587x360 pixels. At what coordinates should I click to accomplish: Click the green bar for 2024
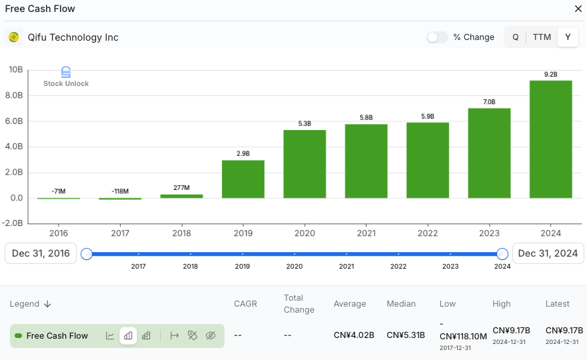550,139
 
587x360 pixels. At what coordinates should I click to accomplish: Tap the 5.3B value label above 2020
304,124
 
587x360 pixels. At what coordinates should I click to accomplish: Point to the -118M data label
120,191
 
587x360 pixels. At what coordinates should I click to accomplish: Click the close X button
578,9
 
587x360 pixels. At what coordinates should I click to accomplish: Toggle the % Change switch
437,37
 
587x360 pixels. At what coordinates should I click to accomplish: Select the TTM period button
542,37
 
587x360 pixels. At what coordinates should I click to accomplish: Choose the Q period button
515,37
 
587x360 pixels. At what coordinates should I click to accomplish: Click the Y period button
568,37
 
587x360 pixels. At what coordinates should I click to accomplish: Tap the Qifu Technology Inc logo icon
14,37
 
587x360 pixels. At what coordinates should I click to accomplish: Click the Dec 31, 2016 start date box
41,253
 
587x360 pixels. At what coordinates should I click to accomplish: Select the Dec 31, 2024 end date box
548,253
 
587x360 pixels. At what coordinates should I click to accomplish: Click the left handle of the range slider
87,254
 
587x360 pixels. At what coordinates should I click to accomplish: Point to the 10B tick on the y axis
16,70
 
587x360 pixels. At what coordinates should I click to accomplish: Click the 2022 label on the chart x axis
427,233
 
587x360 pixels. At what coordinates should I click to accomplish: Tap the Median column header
401,304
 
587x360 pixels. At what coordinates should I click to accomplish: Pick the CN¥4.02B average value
354,335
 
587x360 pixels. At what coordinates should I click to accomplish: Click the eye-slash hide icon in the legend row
211,335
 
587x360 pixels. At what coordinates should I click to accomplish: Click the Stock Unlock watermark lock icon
65,72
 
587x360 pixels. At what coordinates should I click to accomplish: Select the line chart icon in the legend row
110,335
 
